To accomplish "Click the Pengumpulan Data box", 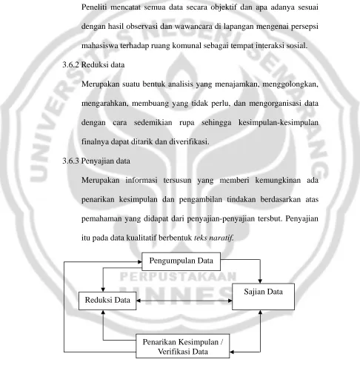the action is (181, 261).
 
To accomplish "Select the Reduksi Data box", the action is (107, 301).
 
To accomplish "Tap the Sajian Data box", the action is (263, 296).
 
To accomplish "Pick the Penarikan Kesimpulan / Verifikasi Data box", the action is (183, 346).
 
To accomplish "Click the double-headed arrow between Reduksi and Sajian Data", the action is (184, 301).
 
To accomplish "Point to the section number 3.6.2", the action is (71, 65).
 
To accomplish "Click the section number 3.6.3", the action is (71, 161).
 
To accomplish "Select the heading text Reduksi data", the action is (103, 65).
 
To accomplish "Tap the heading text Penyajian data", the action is (106, 161).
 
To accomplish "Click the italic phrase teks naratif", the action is (213, 238).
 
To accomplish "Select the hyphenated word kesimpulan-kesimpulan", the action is (279, 123).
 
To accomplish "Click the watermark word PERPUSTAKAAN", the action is (179, 277).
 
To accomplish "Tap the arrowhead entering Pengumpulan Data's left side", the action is (140, 262).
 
